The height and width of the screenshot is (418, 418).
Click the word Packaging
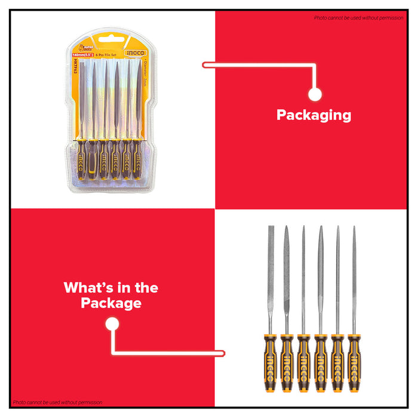point(314,115)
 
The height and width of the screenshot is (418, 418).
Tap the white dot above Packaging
point(315,94)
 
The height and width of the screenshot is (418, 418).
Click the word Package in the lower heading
point(111,303)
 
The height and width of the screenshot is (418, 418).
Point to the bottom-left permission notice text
point(57,402)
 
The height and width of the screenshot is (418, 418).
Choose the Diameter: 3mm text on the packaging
point(145,75)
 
